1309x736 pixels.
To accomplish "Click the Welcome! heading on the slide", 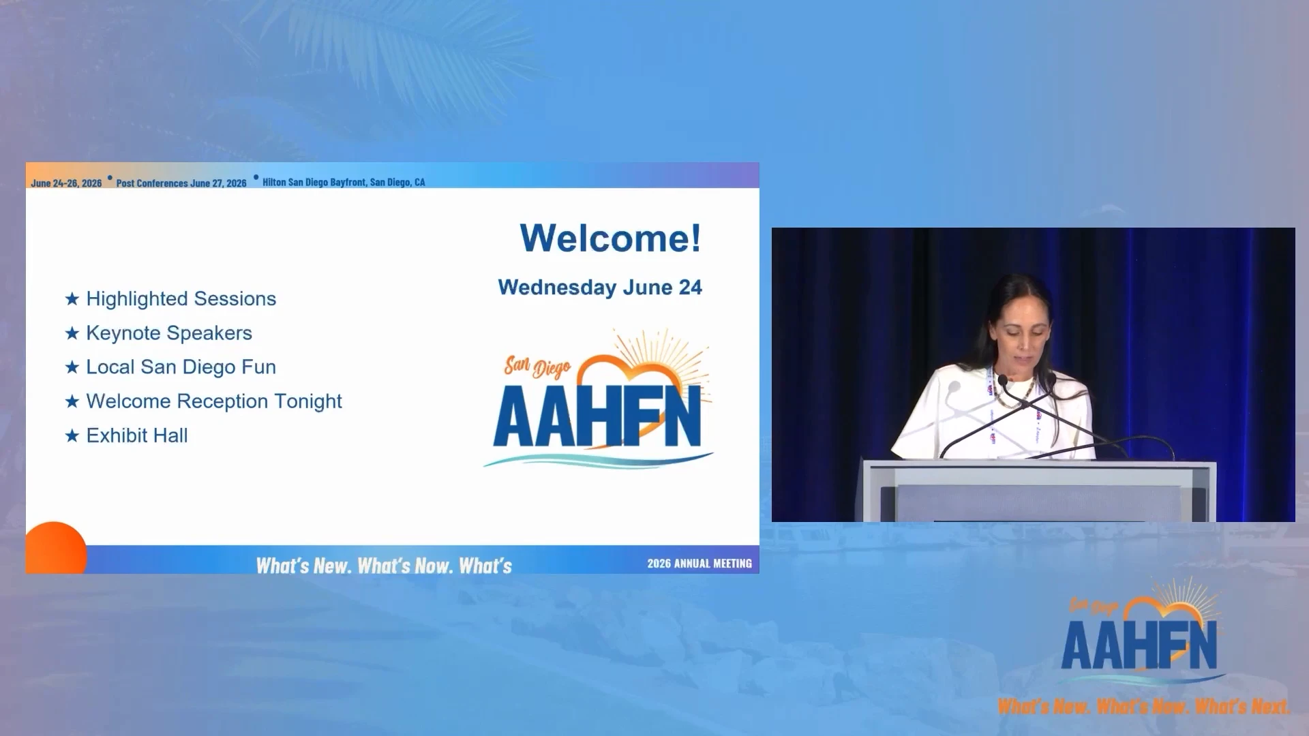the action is [610, 238].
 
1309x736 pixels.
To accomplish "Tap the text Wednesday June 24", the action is [600, 288].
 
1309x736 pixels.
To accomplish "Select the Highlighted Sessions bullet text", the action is [181, 299].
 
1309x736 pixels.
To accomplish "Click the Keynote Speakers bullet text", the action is [169, 333].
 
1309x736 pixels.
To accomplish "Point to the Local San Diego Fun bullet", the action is [181, 367].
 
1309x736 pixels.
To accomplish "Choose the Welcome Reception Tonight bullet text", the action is [214, 401].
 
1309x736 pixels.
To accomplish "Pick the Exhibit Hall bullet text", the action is [137, 435].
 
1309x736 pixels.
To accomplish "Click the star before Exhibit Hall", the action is [72, 436].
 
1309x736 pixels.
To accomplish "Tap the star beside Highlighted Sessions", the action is [72, 299].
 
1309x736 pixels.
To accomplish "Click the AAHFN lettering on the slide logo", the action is [598, 416].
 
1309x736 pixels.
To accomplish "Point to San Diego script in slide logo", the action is [537, 367].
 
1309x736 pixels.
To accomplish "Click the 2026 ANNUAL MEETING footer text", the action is [699, 564].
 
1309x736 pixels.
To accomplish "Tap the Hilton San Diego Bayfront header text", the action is [344, 182].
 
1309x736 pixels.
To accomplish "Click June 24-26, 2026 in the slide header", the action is [66, 183].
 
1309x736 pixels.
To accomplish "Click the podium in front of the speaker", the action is [1039, 491].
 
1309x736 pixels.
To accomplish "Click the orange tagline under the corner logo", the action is [1144, 707].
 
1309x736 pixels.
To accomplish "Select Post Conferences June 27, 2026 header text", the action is [181, 183].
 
